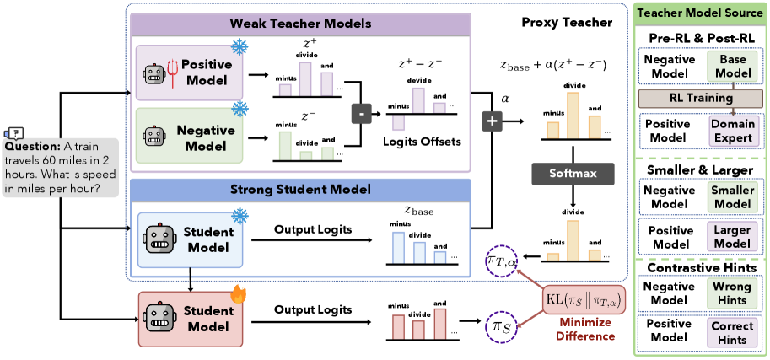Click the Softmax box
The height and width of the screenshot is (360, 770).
(573, 174)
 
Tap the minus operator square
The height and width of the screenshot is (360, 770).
(362, 114)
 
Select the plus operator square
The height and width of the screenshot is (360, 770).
(493, 121)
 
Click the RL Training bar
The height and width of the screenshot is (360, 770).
(702, 98)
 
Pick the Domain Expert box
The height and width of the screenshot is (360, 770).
(730, 130)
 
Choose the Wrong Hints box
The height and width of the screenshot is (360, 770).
(730, 293)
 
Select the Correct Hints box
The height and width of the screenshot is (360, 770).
(730, 332)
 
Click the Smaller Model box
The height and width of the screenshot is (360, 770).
(730, 197)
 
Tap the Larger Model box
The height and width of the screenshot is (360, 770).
(730, 237)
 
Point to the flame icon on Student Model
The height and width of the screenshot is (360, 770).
(238, 295)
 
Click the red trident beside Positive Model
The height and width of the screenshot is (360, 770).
(172, 73)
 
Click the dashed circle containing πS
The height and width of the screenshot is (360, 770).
(498, 325)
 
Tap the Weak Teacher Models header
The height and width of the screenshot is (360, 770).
(301, 23)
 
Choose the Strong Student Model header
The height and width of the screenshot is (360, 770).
(301, 189)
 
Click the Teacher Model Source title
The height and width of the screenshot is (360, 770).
(702, 13)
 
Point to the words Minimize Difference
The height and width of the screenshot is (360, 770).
(584, 330)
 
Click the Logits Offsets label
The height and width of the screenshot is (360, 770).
(423, 142)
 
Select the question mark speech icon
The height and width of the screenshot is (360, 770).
(14, 133)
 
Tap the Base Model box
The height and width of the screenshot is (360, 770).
(730, 66)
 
